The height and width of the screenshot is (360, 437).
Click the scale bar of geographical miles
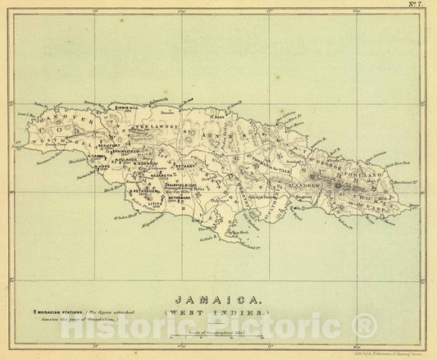pos(217,335)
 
